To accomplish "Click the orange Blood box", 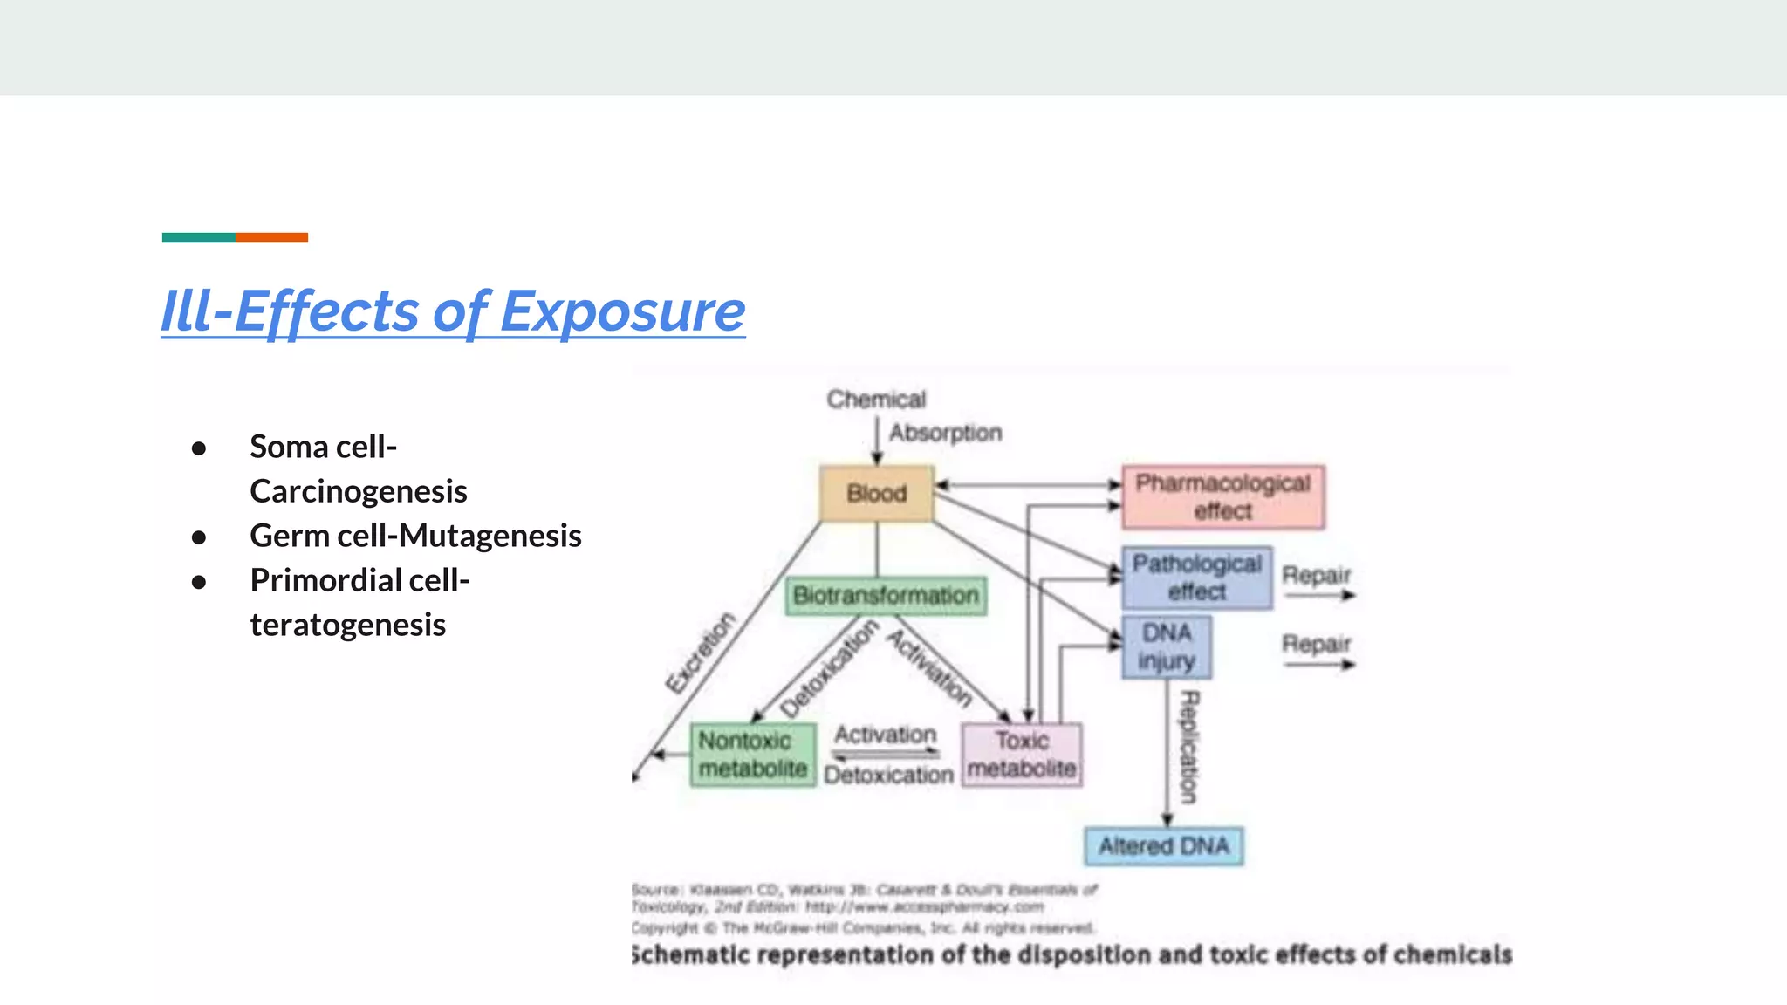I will (x=876, y=494).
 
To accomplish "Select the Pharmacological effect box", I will (x=1222, y=497).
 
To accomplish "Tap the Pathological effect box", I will (x=1196, y=578).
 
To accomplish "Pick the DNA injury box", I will (x=1166, y=647).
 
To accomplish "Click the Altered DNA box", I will (x=1163, y=846).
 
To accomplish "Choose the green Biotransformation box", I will (x=886, y=596).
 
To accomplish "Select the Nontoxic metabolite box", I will (x=752, y=755).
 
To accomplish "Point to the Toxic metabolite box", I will (x=1022, y=755).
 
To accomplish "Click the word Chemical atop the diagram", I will (x=876, y=400).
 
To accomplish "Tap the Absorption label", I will (x=945, y=433).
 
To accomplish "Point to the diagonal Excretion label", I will (x=700, y=653).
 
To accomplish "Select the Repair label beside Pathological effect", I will (x=1316, y=576).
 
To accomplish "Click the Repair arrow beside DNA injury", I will (x=1318, y=665).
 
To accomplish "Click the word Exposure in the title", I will (x=622, y=311).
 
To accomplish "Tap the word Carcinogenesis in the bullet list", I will (x=359, y=491).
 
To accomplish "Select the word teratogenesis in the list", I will (x=347, y=625).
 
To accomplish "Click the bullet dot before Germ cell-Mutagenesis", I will (x=199, y=537).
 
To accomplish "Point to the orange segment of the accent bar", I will (x=271, y=237).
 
